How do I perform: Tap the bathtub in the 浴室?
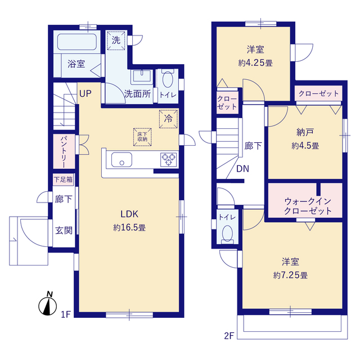tap(76, 42)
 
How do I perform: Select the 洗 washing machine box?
tap(116, 40)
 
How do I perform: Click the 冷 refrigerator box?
tap(168, 119)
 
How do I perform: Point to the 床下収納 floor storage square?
tap(142, 137)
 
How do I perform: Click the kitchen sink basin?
tap(121, 160)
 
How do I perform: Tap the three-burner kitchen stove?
tap(169, 160)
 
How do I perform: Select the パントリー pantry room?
tap(64, 151)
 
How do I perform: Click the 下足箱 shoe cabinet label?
tap(63, 179)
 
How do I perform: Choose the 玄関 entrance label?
tap(64, 231)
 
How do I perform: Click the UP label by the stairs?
tap(85, 94)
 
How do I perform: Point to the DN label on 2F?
tap(242, 169)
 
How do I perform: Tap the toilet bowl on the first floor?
tap(168, 79)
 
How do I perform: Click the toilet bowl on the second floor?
tap(227, 233)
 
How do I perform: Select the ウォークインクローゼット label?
tap(308, 206)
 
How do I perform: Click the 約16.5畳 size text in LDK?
tap(129, 228)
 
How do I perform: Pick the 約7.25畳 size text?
tap(290, 275)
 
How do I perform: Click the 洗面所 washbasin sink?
tap(142, 76)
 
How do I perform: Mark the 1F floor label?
tap(66, 314)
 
